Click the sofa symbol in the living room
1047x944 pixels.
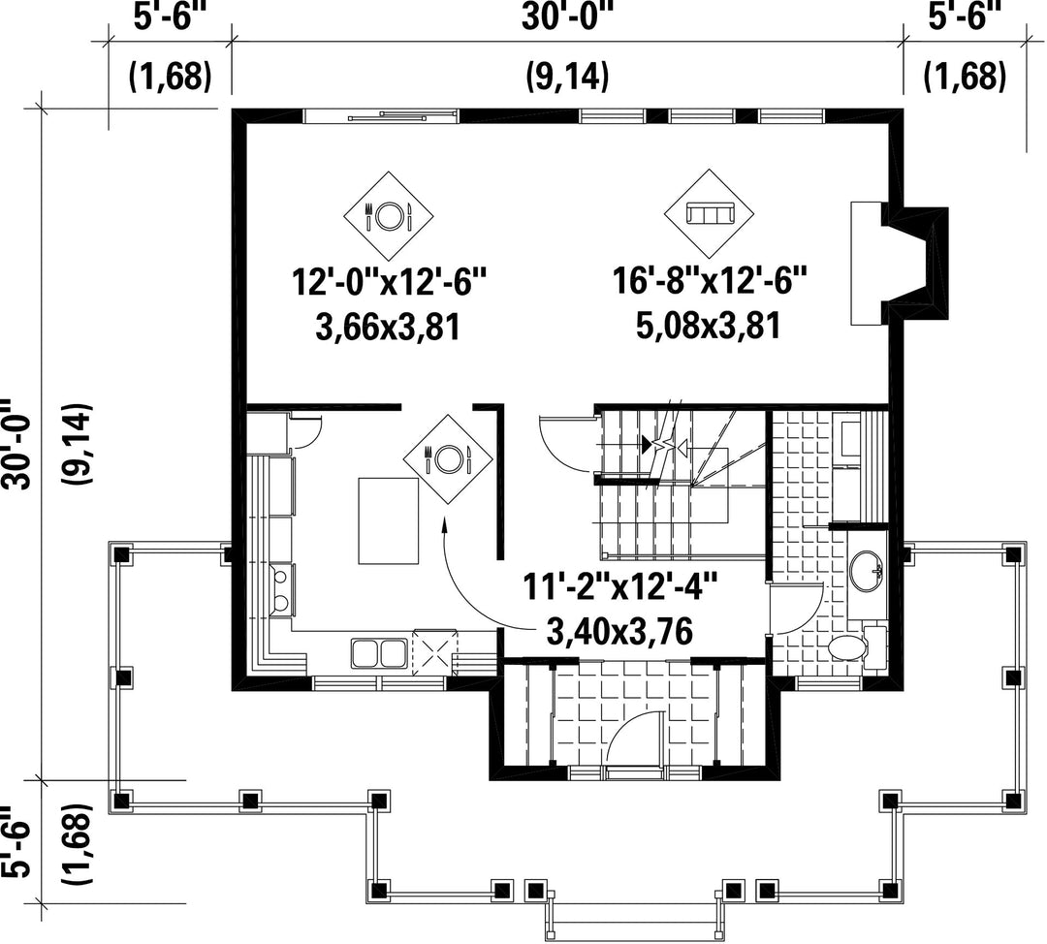pyautogui.click(x=709, y=215)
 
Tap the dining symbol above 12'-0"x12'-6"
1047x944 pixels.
pyautogui.click(x=389, y=215)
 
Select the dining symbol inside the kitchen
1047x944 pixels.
pyautogui.click(x=448, y=458)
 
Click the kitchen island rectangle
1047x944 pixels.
pyautogui.click(x=389, y=521)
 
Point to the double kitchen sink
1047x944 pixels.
pyautogui.click(x=379, y=653)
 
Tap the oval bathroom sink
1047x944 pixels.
pyautogui.click(x=868, y=572)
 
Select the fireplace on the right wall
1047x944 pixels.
pyautogui.click(x=899, y=264)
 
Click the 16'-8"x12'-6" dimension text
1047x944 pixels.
pyautogui.click(x=711, y=280)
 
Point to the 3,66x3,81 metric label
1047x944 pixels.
pyautogui.click(x=388, y=328)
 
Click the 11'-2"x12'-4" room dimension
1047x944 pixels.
pyautogui.click(x=620, y=588)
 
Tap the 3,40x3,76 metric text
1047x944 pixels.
pyautogui.click(x=619, y=631)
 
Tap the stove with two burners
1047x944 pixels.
pyautogui.click(x=281, y=589)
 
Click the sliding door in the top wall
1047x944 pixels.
pyautogui.click(x=381, y=117)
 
